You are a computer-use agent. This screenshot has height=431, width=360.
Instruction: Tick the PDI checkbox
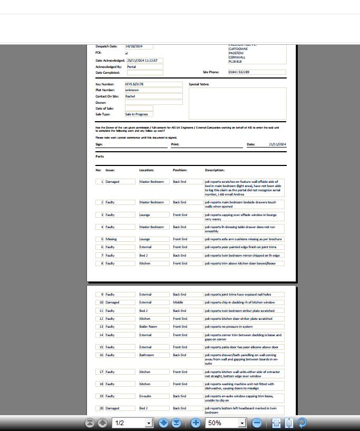tap(127, 53)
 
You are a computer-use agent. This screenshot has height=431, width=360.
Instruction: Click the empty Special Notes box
tap(237, 103)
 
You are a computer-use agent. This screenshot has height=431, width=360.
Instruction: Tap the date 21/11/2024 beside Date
tap(277, 144)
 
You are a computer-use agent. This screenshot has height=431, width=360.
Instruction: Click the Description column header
tap(215, 170)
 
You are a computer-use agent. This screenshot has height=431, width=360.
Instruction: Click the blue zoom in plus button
tap(196, 423)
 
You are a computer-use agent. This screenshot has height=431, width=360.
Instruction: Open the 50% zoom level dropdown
tap(242, 423)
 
